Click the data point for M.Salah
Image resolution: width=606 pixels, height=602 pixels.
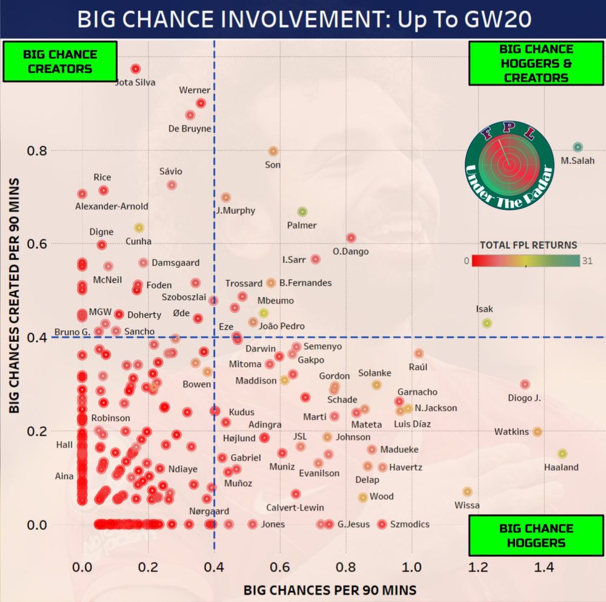tap(578, 147)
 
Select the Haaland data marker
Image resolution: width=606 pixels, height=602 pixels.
tap(562, 454)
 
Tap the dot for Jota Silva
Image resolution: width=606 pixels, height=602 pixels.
tap(135, 69)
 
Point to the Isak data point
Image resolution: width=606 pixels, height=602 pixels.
tap(487, 323)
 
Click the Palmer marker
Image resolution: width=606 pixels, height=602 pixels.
tap(302, 212)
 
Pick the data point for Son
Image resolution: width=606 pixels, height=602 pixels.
tap(273, 151)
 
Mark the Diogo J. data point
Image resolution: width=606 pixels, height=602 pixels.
tap(525, 384)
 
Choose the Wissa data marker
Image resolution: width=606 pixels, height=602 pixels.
tap(467, 492)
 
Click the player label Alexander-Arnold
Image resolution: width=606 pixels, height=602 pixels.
tap(112, 206)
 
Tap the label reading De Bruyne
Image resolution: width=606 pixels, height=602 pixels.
tap(190, 128)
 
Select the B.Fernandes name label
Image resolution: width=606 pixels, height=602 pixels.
tap(305, 283)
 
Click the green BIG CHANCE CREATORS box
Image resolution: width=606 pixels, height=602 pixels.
tap(60, 61)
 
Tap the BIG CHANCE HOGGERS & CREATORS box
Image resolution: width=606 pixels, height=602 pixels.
tap(536, 63)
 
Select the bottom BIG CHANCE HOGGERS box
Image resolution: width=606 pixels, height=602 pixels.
tap(536, 535)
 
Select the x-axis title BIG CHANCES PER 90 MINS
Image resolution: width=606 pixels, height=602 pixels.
tap(330, 589)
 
